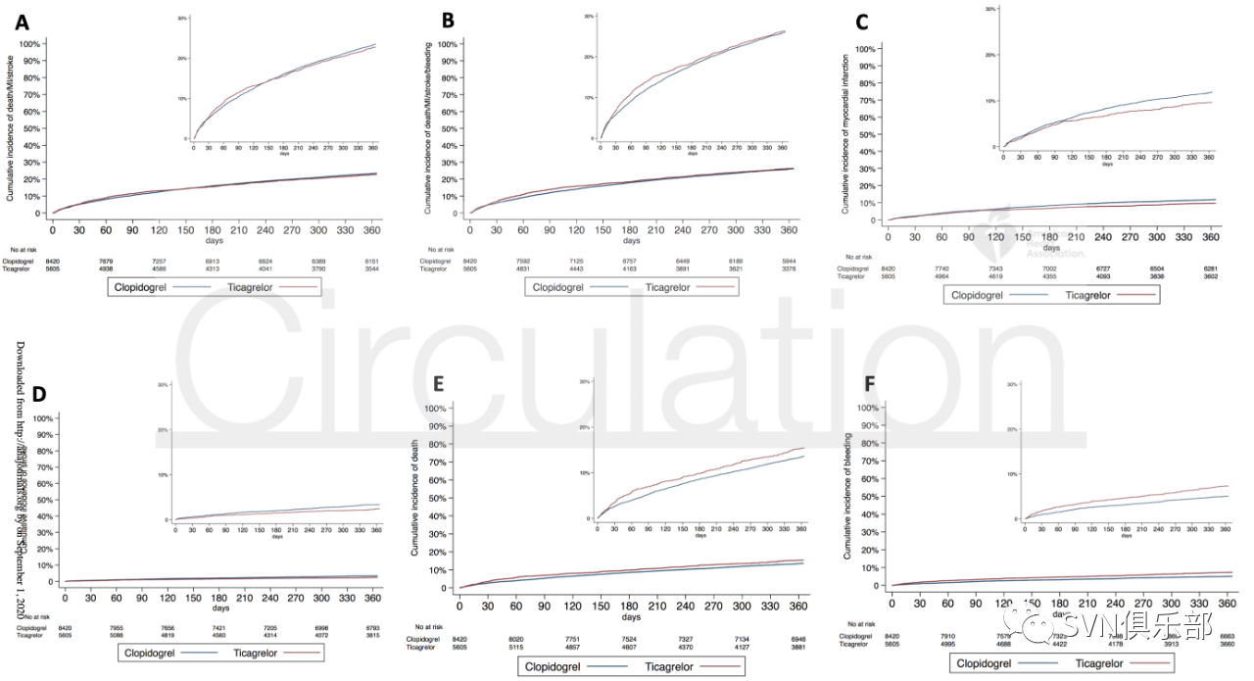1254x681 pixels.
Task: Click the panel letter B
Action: pyautogui.click(x=448, y=19)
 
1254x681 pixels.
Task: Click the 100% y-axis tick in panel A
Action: pyautogui.click(x=28, y=44)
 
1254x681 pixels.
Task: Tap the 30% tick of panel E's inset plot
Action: pyautogui.click(x=584, y=381)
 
